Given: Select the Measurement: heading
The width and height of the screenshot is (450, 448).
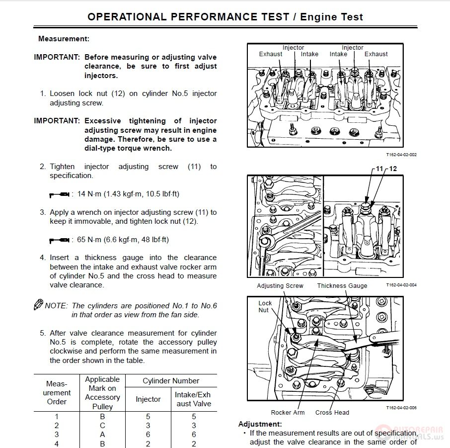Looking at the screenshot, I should click(64, 38).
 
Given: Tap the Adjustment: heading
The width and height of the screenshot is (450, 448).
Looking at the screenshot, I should click(260, 424).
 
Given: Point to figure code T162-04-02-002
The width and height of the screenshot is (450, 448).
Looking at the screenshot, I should click(401, 155).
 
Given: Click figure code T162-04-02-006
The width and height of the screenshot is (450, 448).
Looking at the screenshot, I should click(401, 407).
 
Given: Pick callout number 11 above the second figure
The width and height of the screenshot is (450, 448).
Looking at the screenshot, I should click(379, 169).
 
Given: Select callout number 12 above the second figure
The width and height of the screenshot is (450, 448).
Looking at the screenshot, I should click(393, 169).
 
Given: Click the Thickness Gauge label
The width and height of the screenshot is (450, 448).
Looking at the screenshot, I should click(342, 286).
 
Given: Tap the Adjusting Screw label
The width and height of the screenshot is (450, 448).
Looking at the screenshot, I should click(280, 286).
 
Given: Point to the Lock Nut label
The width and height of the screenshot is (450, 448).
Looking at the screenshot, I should click(265, 306).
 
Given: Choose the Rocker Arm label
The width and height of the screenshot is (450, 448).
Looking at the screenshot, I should click(288, 412).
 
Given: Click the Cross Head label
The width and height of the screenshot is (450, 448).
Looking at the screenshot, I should click(332, 412).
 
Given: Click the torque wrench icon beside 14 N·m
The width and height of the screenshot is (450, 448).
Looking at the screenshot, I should click(59, 194).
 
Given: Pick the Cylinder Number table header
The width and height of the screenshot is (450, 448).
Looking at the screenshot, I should click(171, 381).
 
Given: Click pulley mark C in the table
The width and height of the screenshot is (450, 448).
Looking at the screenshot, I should click(102, 426).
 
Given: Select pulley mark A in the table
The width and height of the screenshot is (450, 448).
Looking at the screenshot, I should click(102, 435).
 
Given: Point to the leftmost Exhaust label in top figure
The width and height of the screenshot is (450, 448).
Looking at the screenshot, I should click(270, 54).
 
